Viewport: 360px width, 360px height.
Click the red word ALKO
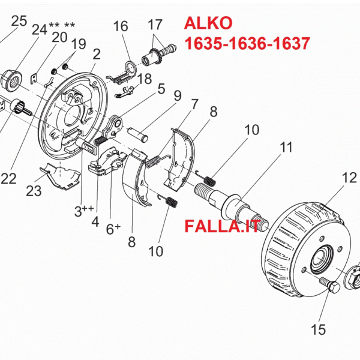coord(209,24)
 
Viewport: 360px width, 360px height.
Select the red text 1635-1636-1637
coord(247,44)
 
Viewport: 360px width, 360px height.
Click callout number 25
coord(19,22)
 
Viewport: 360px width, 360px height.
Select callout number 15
coord(319,329)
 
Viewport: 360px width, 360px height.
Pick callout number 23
coord(34,191)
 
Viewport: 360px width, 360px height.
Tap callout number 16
coord(121,26)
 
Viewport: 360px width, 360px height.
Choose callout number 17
coord(155,25)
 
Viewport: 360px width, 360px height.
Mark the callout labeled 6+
coord(113,228)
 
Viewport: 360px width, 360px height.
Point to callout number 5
coord(161,89)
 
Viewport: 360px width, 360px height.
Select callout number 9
coord(178,95)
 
